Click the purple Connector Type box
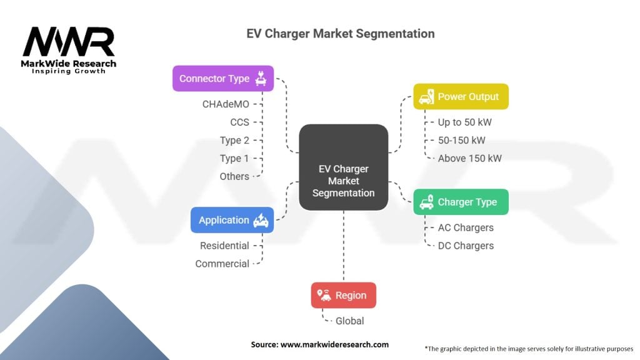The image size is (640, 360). [x=223, y=78]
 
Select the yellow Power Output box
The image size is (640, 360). [x=461, y=96]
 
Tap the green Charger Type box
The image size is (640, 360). [x=461, y=202]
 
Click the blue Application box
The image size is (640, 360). [x=232, y=220]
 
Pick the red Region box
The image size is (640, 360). [x=343, y=295]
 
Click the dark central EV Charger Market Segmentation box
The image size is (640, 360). [x=343, y=167]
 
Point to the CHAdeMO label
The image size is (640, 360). [x=226, y=104]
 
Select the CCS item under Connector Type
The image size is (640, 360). [x=239, y=122]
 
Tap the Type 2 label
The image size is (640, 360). [x=234, y=140]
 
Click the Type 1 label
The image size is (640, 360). [x=234, y=158]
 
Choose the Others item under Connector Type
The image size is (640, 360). [x=234, y=176]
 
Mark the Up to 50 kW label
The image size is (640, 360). [x=464, y=122]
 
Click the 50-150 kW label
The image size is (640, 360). [x=461, y=140]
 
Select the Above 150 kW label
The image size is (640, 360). [x=469, y=158]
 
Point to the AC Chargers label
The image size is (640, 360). [x=466, y=227]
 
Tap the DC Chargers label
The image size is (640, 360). [x=466, y=246]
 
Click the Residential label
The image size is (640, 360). [x=224, y=246]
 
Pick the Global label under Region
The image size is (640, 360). [x=349, y=321]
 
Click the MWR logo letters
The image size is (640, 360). [x=69, y=42]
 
